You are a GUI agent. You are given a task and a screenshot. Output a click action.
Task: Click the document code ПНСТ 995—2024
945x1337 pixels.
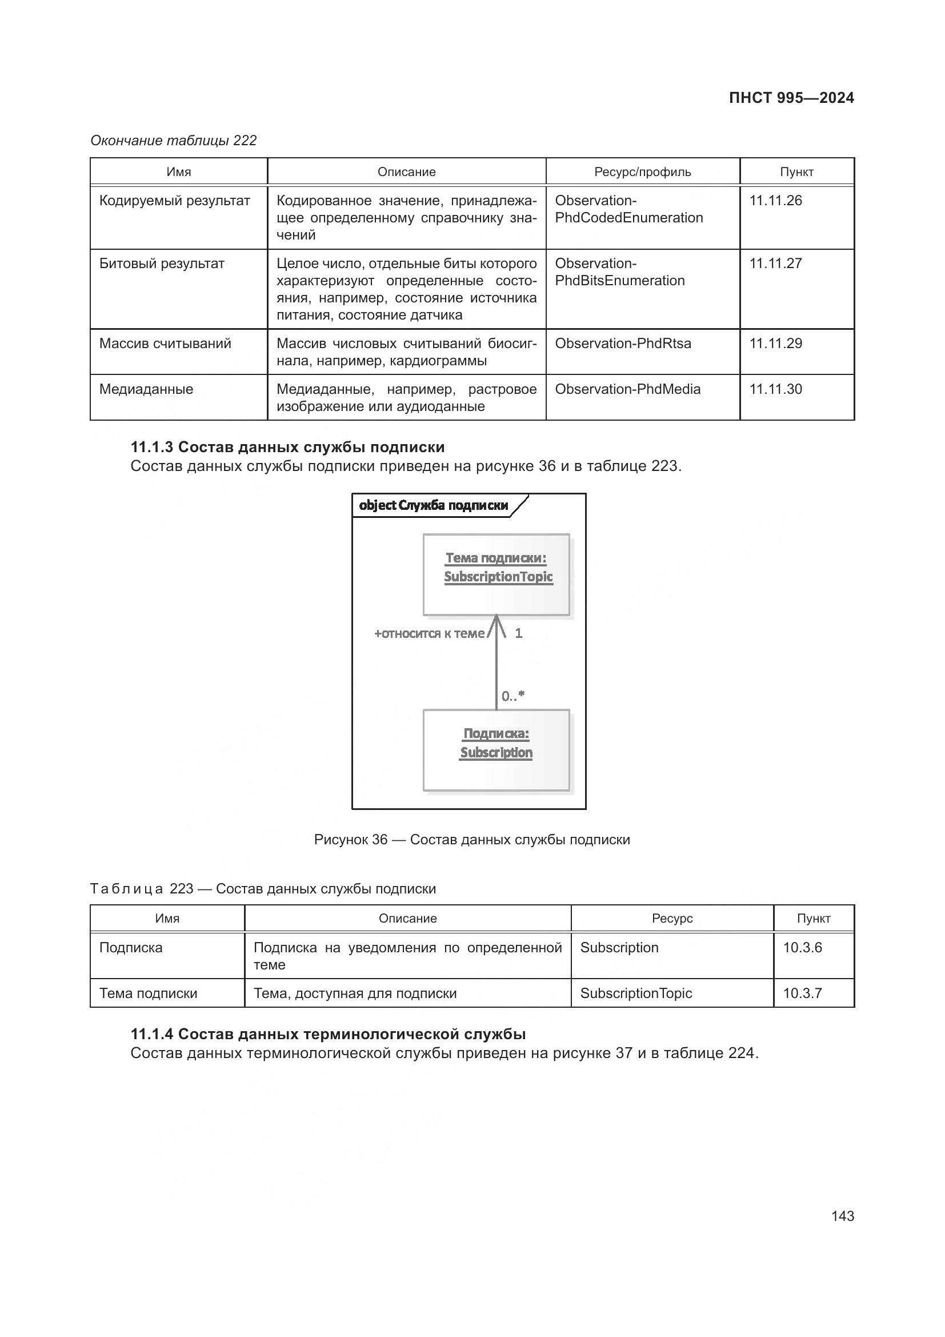791,98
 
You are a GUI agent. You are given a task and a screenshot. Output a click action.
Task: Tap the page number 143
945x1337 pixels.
842,1216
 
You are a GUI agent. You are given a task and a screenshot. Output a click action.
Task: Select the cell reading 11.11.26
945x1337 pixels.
775,201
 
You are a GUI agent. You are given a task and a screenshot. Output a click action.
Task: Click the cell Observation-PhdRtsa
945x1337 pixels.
623,344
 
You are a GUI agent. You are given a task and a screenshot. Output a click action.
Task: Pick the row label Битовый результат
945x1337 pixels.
162,264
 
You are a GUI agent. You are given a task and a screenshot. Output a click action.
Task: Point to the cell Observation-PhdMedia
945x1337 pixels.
627,389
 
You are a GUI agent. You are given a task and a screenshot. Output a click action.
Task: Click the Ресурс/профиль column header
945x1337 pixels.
642,172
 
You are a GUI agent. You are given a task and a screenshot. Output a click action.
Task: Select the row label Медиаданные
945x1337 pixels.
146,389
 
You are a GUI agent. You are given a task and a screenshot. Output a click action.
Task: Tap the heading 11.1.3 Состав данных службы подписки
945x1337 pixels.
287,447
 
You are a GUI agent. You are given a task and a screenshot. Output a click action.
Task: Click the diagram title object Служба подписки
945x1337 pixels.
434,505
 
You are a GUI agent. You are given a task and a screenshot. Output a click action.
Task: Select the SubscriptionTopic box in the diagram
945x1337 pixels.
496,574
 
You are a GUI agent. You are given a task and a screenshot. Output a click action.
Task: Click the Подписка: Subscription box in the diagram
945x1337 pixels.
496,749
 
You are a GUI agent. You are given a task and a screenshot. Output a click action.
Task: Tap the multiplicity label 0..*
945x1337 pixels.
512,695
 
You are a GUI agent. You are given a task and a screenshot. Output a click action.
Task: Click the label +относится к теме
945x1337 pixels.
429,633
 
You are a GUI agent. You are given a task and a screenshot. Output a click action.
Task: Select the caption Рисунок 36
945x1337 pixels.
471,839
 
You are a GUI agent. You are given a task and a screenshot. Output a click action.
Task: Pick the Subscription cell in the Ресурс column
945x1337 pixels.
619,947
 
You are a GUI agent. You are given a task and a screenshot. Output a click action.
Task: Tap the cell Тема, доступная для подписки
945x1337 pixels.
355,993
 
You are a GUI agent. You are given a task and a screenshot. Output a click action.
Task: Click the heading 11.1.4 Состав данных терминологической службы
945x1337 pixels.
328,1034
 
